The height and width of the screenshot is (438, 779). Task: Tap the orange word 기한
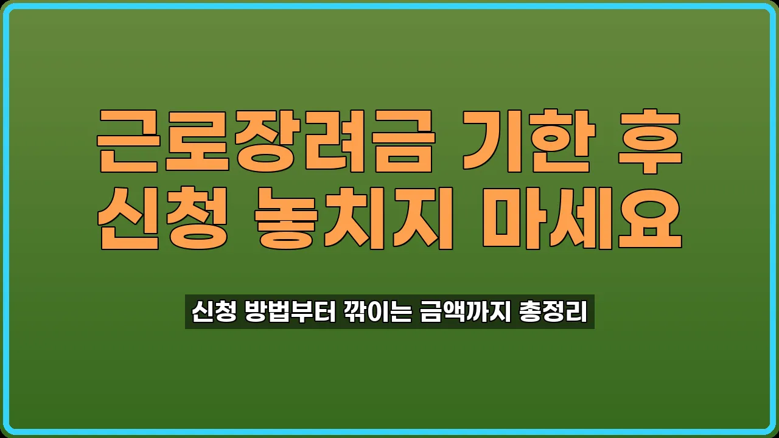pos(526,142)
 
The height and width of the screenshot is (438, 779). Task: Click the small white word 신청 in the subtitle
pos(213,312)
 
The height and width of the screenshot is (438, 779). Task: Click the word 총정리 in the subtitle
pos(553,312)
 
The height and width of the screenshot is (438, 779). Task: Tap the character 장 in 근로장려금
pos(265,142)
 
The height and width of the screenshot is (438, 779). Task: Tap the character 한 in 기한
pos(561,142)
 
